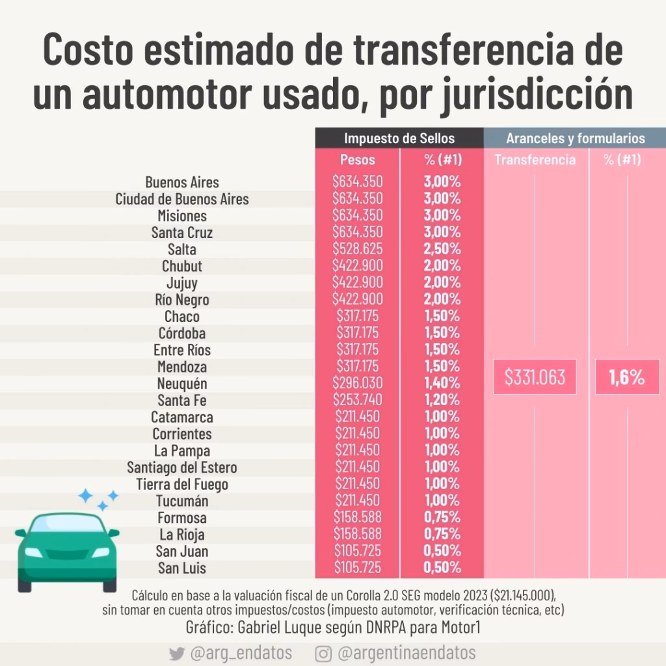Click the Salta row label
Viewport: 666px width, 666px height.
(181, 249)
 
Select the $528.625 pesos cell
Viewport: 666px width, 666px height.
(357, 249)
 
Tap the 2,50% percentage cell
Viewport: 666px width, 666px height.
(442, 249)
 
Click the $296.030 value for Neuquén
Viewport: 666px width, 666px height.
(357, 383)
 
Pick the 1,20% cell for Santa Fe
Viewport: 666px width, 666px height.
(442, 400)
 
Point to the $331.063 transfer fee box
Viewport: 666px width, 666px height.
(535, 377)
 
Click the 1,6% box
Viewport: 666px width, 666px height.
(626, 377)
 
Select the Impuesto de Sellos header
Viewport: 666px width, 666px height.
(399, 138)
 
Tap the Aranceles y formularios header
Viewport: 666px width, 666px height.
(575, 138)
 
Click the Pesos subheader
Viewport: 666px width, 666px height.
(357, 159)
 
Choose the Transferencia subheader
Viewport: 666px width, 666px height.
(535, 159)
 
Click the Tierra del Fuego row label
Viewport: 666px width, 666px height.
(182, 484)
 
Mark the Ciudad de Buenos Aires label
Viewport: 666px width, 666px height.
(182, 199)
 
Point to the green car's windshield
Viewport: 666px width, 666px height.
(67, 524)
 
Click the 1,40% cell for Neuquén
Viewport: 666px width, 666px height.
(442, 383)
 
